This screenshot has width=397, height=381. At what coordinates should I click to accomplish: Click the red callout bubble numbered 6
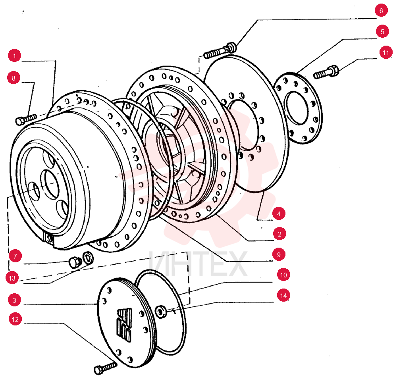click(381, 10)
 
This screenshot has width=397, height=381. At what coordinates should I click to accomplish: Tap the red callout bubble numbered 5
click(382, 31)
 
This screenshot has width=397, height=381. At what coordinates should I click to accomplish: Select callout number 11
click(385, 53)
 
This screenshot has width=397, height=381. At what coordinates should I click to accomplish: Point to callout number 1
click(14, 56)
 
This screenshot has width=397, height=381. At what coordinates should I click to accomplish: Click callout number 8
click(14, 78)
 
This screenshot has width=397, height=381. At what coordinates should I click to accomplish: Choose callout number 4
click(279, 214)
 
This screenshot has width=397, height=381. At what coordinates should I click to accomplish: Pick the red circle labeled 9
click(279, 254)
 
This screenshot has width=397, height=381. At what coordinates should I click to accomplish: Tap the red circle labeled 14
click(283, 295)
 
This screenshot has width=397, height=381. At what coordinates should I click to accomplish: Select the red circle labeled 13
click(12, 278)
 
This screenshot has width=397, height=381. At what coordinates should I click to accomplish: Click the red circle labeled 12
click(15, 319)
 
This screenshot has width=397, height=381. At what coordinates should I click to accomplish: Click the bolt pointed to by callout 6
click(220, 51)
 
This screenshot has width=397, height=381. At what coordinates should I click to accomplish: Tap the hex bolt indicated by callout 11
click(326, 72)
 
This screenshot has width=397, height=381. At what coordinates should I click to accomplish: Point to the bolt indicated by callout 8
click(26, 119)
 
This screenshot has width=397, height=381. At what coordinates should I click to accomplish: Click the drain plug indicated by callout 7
click(75, 262)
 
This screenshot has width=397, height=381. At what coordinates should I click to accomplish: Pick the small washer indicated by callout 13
click(88, 258)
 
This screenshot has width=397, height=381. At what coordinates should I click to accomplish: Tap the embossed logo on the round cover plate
click(124, 325)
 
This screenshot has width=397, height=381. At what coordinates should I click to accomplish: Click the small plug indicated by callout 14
click(160, 312)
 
